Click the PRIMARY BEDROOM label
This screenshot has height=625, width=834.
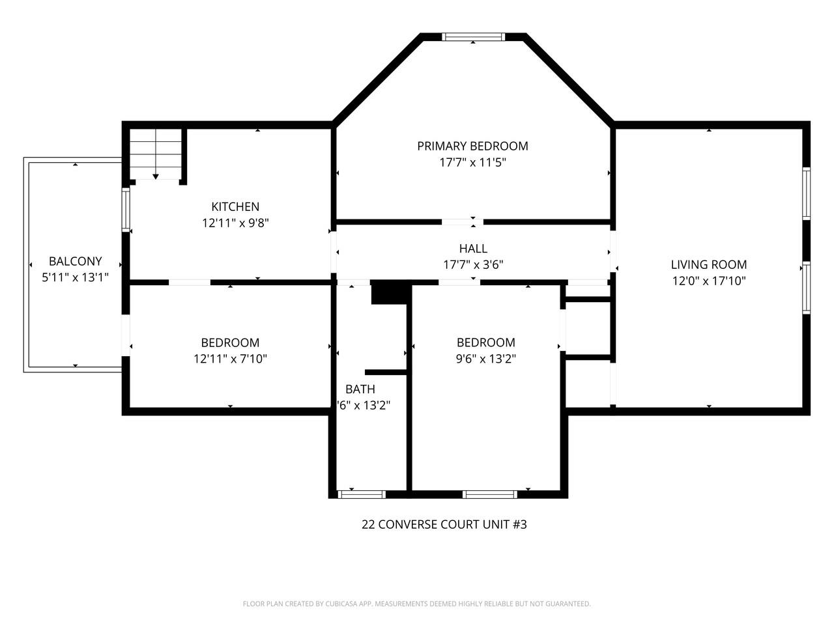click(472, 146)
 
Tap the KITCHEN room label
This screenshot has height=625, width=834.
click(235, 206)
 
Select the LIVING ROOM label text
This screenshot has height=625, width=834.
click(709, 264)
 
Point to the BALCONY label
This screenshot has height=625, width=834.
click(76, 261)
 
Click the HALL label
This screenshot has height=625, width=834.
click(472, 248)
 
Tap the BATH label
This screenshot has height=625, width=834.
click(360, 389)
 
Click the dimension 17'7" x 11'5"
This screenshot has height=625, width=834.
click(472, 162)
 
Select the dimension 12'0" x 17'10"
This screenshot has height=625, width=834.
click(709, 281)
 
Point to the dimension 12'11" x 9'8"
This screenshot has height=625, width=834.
click(235, 223)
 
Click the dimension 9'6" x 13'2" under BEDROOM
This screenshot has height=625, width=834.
click(485, 359)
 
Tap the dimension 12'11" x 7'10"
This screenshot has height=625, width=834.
click(230, 359)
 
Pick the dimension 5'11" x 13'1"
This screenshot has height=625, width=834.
click(76, 277)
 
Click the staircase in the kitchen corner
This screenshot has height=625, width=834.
click(155, 154)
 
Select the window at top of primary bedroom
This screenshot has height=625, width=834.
click(473, 37)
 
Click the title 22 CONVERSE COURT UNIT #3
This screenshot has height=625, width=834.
click(444, 524)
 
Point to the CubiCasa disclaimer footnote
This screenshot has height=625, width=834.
click(416, 604)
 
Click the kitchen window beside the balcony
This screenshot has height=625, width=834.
click(126, 209)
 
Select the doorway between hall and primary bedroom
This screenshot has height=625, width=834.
click(463, 222)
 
